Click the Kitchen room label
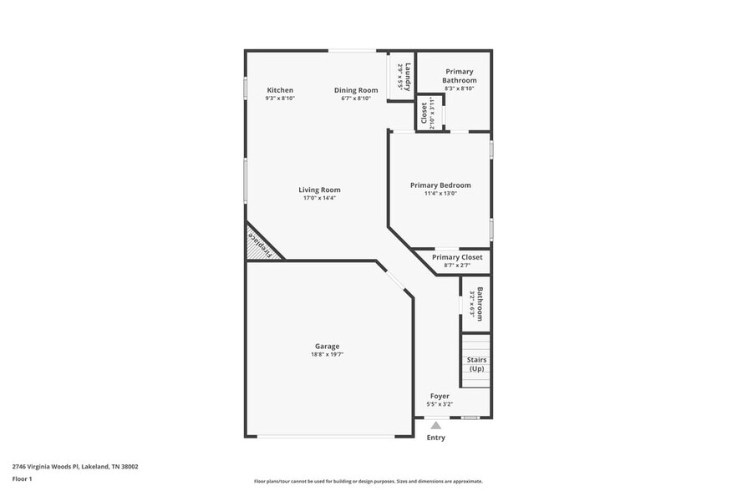pos(280,90)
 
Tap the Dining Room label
pos(356,90)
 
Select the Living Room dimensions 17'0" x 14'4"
pos(319,198)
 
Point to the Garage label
pos(327,346)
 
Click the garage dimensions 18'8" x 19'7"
pos(327,354)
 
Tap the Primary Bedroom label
pos(440,185)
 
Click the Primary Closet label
pos(457,257)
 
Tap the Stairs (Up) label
pos(476,364)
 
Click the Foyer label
pos(440,396)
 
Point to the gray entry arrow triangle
pos(435,425)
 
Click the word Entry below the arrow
pos(435,438)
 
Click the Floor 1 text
pos(23,478)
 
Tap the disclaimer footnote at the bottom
pos(368,481)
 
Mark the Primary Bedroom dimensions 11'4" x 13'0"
pos(440,194)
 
